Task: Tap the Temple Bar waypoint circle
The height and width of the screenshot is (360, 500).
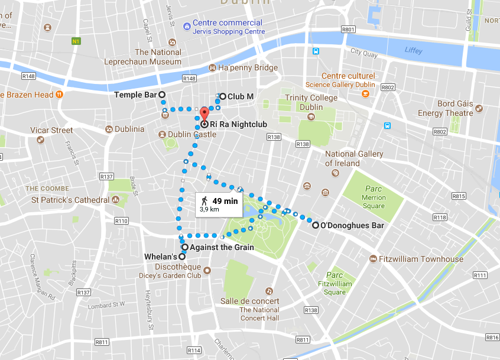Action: point(162,95)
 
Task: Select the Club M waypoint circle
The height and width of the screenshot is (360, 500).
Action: point(223,95)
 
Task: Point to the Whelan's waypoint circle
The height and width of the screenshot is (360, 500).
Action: point(181,257)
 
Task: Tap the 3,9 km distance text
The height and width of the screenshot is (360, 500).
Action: point(210,209)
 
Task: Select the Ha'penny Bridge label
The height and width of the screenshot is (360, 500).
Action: point(248,68)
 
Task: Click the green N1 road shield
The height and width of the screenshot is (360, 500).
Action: point(76,41)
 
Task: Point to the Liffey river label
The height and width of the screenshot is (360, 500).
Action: point(413,51)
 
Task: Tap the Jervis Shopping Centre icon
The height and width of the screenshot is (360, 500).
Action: point(186,23)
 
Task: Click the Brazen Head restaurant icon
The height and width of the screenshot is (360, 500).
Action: point(59,95)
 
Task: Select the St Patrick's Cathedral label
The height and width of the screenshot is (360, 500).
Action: point(70,200)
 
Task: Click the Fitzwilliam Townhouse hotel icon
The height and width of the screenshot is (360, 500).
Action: point(373,259)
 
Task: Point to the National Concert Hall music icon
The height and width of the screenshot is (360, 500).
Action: point(269,291)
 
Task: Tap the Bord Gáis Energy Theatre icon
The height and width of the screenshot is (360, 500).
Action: point(479,108)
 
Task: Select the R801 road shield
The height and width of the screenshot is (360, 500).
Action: point(348,29)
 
